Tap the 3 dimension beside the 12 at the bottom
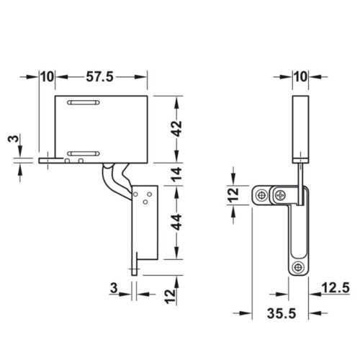(x=114, y=289)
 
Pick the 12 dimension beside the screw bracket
(x=233, y=194)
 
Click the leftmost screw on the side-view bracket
(x=262, y=194)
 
